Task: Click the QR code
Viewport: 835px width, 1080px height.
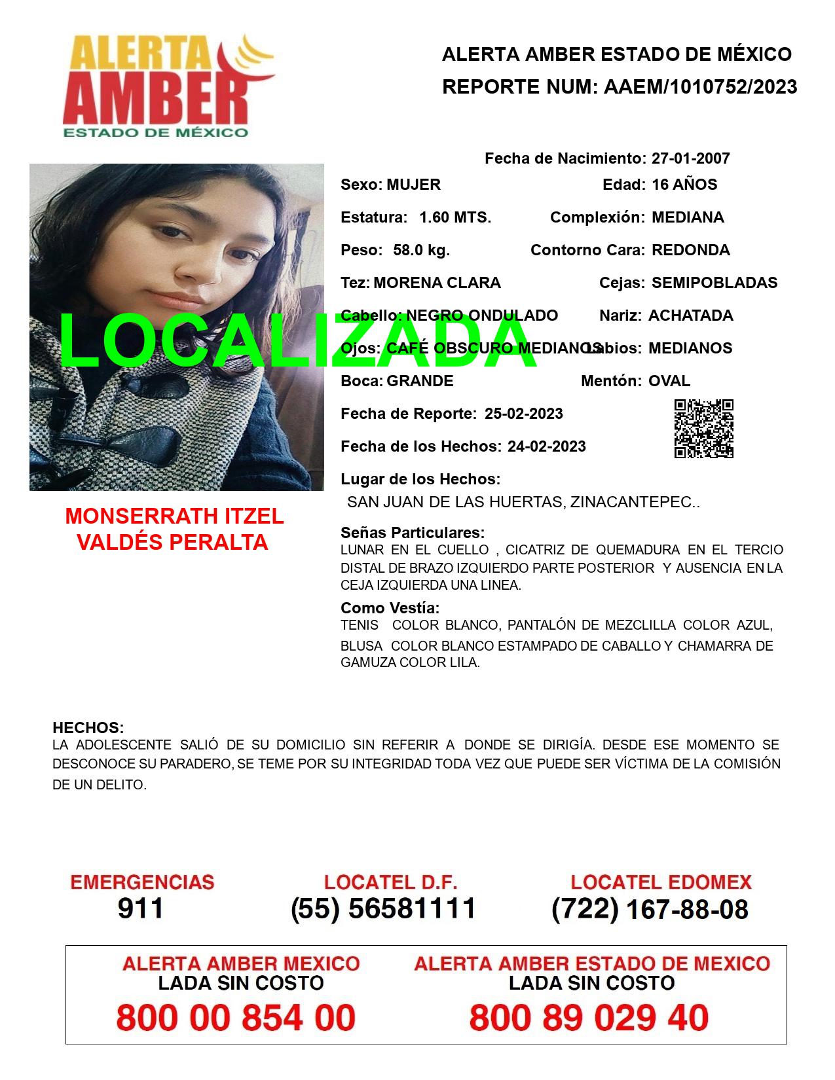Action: [703, 429]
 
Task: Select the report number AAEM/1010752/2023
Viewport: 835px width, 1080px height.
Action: [700, 87]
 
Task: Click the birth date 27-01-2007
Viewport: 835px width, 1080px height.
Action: [690, 158]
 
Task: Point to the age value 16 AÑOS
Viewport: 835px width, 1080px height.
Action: [684, 185]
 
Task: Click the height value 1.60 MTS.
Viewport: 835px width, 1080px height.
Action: [455, 217]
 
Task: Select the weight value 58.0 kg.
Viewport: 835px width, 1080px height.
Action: [421, 250]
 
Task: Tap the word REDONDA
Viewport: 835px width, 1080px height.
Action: [690, 250]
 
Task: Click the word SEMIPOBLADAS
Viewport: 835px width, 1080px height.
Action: [714, 283]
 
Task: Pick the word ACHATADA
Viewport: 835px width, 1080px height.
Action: [690, 315]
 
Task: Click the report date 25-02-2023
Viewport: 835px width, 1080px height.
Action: [523, 414]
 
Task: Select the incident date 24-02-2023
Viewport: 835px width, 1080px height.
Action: [546, 446]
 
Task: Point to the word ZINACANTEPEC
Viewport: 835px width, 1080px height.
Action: [631, 502]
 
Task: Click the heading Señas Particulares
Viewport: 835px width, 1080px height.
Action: [413, 533]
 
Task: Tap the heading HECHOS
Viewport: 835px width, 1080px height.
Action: [88, 728]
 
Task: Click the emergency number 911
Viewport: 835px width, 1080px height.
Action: [141, 909]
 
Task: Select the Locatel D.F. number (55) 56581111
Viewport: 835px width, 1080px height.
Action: [383, 909]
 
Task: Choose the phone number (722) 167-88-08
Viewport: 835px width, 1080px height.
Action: [650, 909]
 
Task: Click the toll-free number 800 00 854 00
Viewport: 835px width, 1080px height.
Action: [236, 1018]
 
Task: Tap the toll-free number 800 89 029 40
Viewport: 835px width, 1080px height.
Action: [589, 1018]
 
